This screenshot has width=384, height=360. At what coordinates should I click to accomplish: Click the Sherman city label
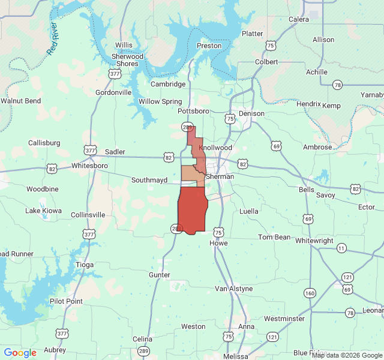pos(220,177)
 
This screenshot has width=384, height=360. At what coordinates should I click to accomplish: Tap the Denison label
pos(251,113)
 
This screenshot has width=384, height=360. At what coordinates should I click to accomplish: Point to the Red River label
pos(55,39)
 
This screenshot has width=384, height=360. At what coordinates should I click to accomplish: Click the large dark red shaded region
pos(193,210)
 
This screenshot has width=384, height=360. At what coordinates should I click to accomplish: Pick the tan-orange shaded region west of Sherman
pos(191,173)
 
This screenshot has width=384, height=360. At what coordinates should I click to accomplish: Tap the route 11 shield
pos(341,248)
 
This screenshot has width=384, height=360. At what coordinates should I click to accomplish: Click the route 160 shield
pos(310,293)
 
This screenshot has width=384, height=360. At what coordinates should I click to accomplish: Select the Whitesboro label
pos(89,165)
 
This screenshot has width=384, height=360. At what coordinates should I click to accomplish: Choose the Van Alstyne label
pos(234,289)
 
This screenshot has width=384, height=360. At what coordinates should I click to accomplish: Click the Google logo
pos(20,353)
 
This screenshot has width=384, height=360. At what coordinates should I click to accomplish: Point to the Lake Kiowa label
pos(43,211)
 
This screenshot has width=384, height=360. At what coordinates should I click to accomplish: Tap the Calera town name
pos(299,19)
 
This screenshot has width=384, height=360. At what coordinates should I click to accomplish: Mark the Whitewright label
pos(314,241)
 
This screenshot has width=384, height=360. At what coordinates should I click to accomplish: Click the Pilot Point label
pos(67,301)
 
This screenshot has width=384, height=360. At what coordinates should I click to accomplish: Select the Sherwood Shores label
pos(128,60)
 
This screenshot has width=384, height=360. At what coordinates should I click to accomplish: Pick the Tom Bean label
pos(274,237)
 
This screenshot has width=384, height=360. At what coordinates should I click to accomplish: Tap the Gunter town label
pos(160,274)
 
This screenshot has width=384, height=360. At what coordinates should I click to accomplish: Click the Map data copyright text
pos(347,355)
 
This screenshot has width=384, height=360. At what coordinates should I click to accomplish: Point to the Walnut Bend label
pos(21,101)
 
